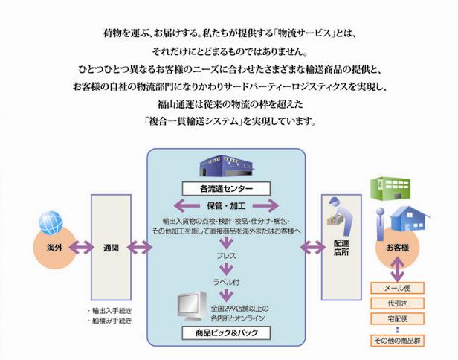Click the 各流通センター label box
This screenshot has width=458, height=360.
coord(225,187)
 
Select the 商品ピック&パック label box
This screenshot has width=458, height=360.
coord(225,332)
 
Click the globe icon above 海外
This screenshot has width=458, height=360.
coord(51,223)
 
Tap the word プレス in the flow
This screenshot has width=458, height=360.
coord(226,255)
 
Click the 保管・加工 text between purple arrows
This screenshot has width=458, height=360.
coord(226,204)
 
